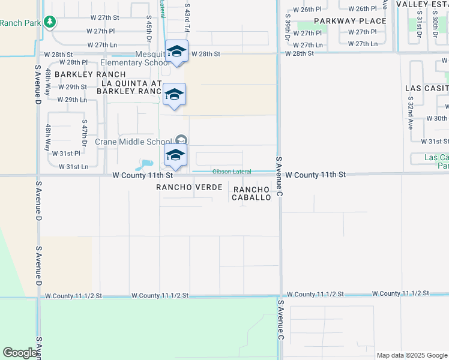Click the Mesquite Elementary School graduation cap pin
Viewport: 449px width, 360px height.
point(177,51)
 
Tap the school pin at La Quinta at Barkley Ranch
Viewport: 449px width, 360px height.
point(174,94)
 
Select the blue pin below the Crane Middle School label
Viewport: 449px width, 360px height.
point(175,155)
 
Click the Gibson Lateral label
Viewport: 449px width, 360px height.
point(232,172)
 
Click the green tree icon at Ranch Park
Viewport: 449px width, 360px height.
point(50,22)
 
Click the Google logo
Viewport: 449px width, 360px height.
point(20,353)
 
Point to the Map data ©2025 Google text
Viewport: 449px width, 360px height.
point(411,355)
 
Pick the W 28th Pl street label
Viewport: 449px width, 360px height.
point(73,62)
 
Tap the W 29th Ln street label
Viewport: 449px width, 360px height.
point(72,100)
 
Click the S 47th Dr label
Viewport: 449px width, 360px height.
point(85,134)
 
